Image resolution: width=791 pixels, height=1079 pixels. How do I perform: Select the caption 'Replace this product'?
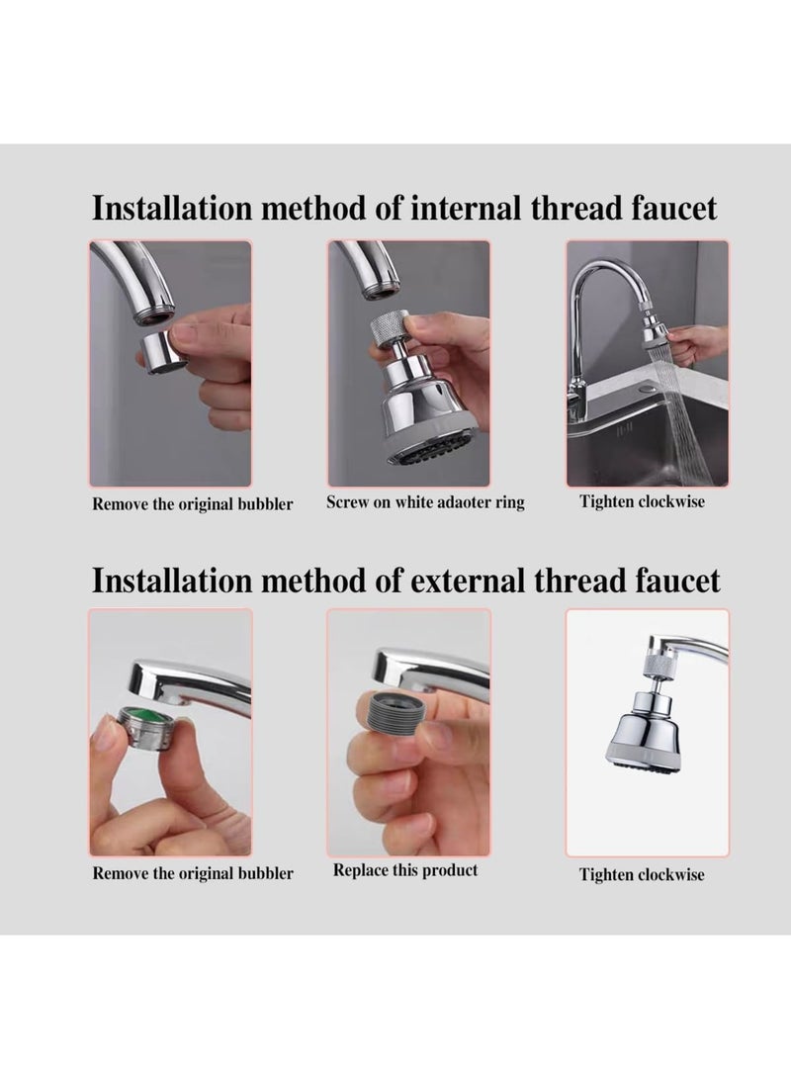(405, 870)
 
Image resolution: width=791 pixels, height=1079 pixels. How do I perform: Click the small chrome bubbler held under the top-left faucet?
(161, 350)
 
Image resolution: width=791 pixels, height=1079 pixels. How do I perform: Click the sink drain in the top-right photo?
(647, 389)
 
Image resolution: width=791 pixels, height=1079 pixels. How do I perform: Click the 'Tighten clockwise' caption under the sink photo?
(642, 501)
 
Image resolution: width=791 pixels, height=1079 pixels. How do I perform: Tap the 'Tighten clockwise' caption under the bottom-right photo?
(642, 874)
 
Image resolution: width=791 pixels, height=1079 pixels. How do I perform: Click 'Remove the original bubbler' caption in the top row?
(193, 503)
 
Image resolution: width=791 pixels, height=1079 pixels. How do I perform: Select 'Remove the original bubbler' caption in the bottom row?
(193, 873)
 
